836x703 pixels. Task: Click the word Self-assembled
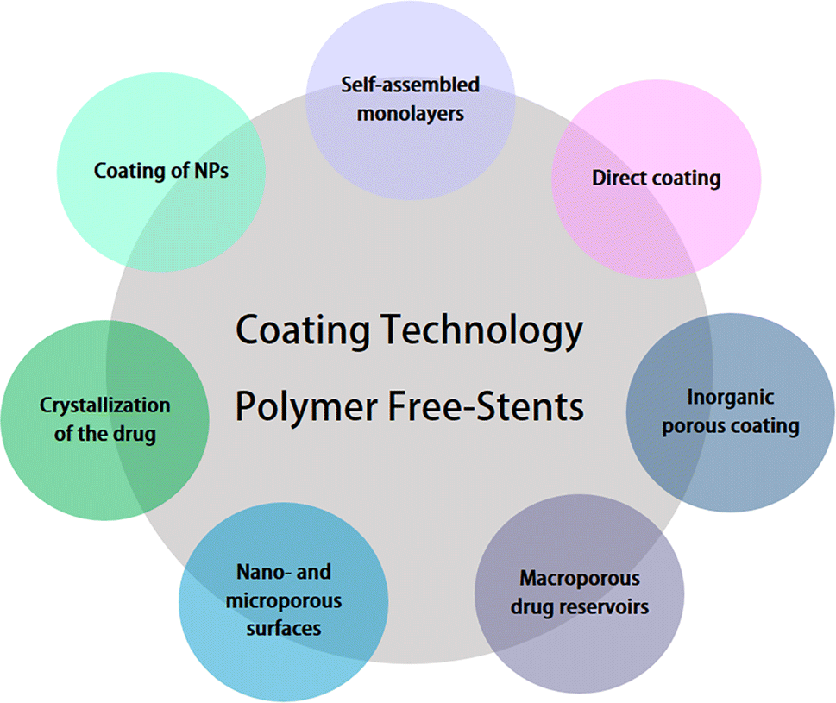pyautogui.click(x=410, y=85)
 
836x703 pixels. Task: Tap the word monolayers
pyautogui.click(x=411, y=114)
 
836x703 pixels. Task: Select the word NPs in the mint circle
pyautogui.click(x=211, y=171)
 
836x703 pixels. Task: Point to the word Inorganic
pyautogui.click(x=731, y=398)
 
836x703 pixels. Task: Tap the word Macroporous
pyautogui.click(x=580, y=578)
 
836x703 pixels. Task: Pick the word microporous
pyautogui.click(x=284, y=601)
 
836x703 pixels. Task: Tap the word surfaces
pyautogui.click(x=284, y=628)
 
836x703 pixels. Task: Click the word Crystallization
pyautogui.click(x=105, y=406)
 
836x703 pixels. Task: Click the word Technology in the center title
pyautogui.click(x=481, y=331)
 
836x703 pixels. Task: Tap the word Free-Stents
pyautogui.click(x=486, y=406)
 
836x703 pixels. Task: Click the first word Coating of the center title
pyautogui.click(x=302, y=331)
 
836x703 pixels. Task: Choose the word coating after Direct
pyautogui.click(x=683, y=179)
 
